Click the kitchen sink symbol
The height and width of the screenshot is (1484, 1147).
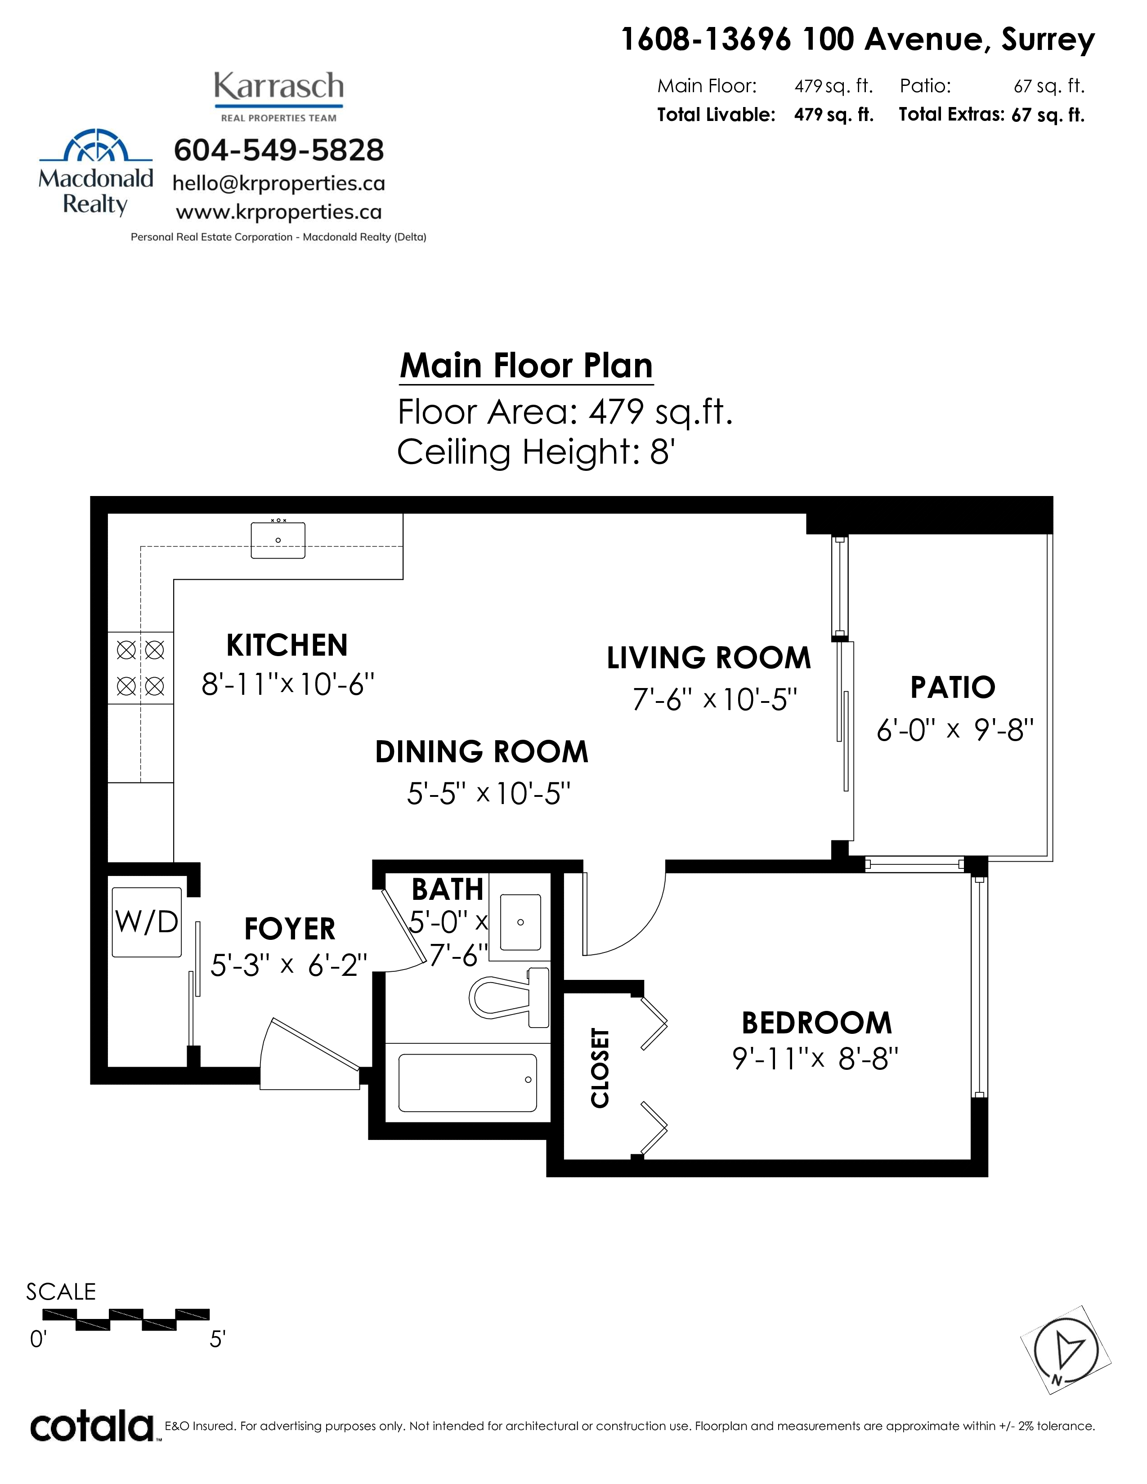(x=278, y=540)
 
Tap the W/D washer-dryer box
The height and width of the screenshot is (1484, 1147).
(x=147, y=922)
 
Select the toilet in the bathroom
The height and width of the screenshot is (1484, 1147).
(x=509, y=997)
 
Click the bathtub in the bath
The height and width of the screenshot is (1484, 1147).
(x=467, y=1082)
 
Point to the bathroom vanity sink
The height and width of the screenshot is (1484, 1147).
(x=520, y=922)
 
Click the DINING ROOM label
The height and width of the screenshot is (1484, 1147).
(x=482, y=751)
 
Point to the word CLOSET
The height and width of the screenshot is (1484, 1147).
(x=600, y=1068)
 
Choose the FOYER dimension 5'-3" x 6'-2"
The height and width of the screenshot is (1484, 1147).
(x=289, y=965)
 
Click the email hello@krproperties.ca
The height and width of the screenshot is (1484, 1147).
(x=278, y=183)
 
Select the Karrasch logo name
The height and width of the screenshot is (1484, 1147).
(x=278, y=87)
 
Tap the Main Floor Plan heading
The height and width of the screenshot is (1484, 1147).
(x=526, y=366)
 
